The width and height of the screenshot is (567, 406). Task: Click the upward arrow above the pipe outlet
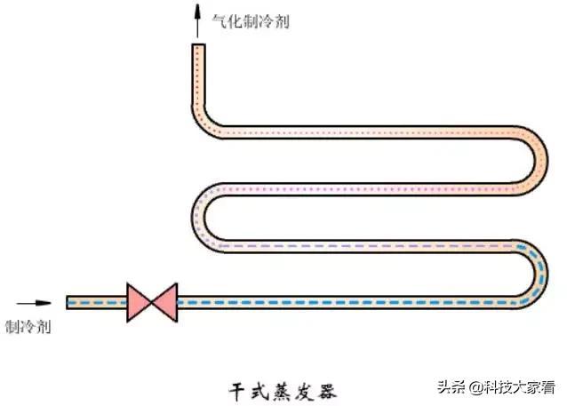[197, 21]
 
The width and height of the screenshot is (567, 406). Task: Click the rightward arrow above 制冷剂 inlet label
[34, 303]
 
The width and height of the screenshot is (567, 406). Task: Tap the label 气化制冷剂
[251, 21]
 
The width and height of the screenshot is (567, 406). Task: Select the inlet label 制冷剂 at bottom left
[28, 327]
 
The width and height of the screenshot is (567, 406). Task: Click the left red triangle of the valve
[138, 302]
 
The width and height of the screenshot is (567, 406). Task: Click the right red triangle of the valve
[165, 302]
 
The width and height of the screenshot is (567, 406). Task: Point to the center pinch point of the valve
[151, 302]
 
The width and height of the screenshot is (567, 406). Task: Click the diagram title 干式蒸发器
[283, 392]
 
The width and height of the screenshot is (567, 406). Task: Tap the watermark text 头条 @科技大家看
[497, 387]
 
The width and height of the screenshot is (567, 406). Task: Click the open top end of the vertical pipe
[198, 44]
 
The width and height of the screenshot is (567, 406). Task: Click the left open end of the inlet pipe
[68, 302]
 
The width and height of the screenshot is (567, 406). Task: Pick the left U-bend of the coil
[198, 218]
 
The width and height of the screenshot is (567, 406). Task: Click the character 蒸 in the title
[282, 392]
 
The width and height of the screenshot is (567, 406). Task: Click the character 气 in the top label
[220, 21]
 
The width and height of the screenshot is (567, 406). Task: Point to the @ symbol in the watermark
[476, 388]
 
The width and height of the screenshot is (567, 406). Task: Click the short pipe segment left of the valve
[97, 302]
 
